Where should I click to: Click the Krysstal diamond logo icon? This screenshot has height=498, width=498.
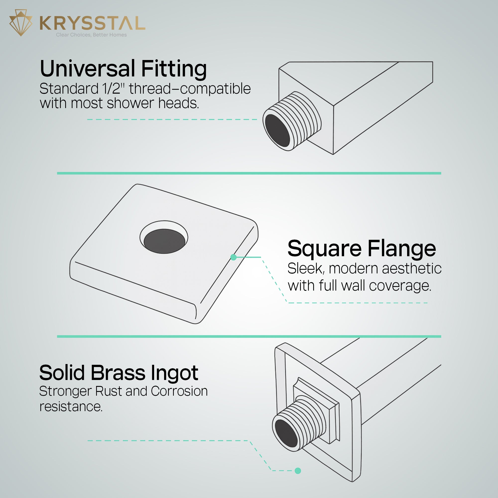[21, 23]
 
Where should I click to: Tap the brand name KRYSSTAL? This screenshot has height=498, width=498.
[93, 23]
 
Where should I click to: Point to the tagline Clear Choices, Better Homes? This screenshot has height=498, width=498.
[91, 35]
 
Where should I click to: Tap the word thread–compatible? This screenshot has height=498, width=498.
[190, 89]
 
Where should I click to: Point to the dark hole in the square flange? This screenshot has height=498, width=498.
[164, 241]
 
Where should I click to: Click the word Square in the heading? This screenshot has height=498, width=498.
[324, 249]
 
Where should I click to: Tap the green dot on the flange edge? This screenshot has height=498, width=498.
[234, 257]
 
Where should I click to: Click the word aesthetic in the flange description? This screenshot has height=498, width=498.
[412, 269]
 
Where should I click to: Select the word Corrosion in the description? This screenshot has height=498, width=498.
[179, 391]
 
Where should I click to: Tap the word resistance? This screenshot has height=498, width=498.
[71, 407]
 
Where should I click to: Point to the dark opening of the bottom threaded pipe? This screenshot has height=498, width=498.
[286, 433]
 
